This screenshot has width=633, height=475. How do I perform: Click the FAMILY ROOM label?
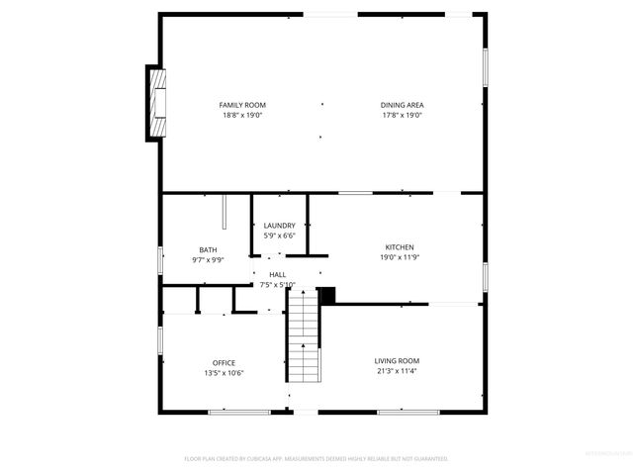[x=242, y=105]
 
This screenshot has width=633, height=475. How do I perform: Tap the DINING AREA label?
[x=402, y=105]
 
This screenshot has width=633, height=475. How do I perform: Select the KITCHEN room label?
[x=400, y=247]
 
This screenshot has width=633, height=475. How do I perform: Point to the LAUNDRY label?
[x=279, y=226]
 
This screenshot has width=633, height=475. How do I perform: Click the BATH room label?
[x=208, y=250]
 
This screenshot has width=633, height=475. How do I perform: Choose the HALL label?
[x=278, y=274]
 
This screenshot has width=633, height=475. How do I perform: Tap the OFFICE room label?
[x=224, y=362]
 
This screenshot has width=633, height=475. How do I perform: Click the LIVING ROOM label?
[x=397, y=361]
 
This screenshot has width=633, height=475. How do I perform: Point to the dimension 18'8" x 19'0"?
[x=242, y=115]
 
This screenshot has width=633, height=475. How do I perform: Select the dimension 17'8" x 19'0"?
[x=402, y=115]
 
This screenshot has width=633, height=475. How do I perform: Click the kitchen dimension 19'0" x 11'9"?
[x=400, y=257]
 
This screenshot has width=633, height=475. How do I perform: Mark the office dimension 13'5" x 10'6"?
[x=224, y=372]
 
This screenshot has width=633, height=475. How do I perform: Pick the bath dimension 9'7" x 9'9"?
[x=208, y=260]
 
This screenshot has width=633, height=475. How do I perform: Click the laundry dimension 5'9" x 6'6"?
[x=279, y=236]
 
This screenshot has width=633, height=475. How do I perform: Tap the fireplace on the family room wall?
[x=155, y=103]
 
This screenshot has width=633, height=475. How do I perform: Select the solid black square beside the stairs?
[x=328, y=295]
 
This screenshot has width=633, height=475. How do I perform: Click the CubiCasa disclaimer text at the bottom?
[x=316, y=458]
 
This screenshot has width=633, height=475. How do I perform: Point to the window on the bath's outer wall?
[x=161, y=258]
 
